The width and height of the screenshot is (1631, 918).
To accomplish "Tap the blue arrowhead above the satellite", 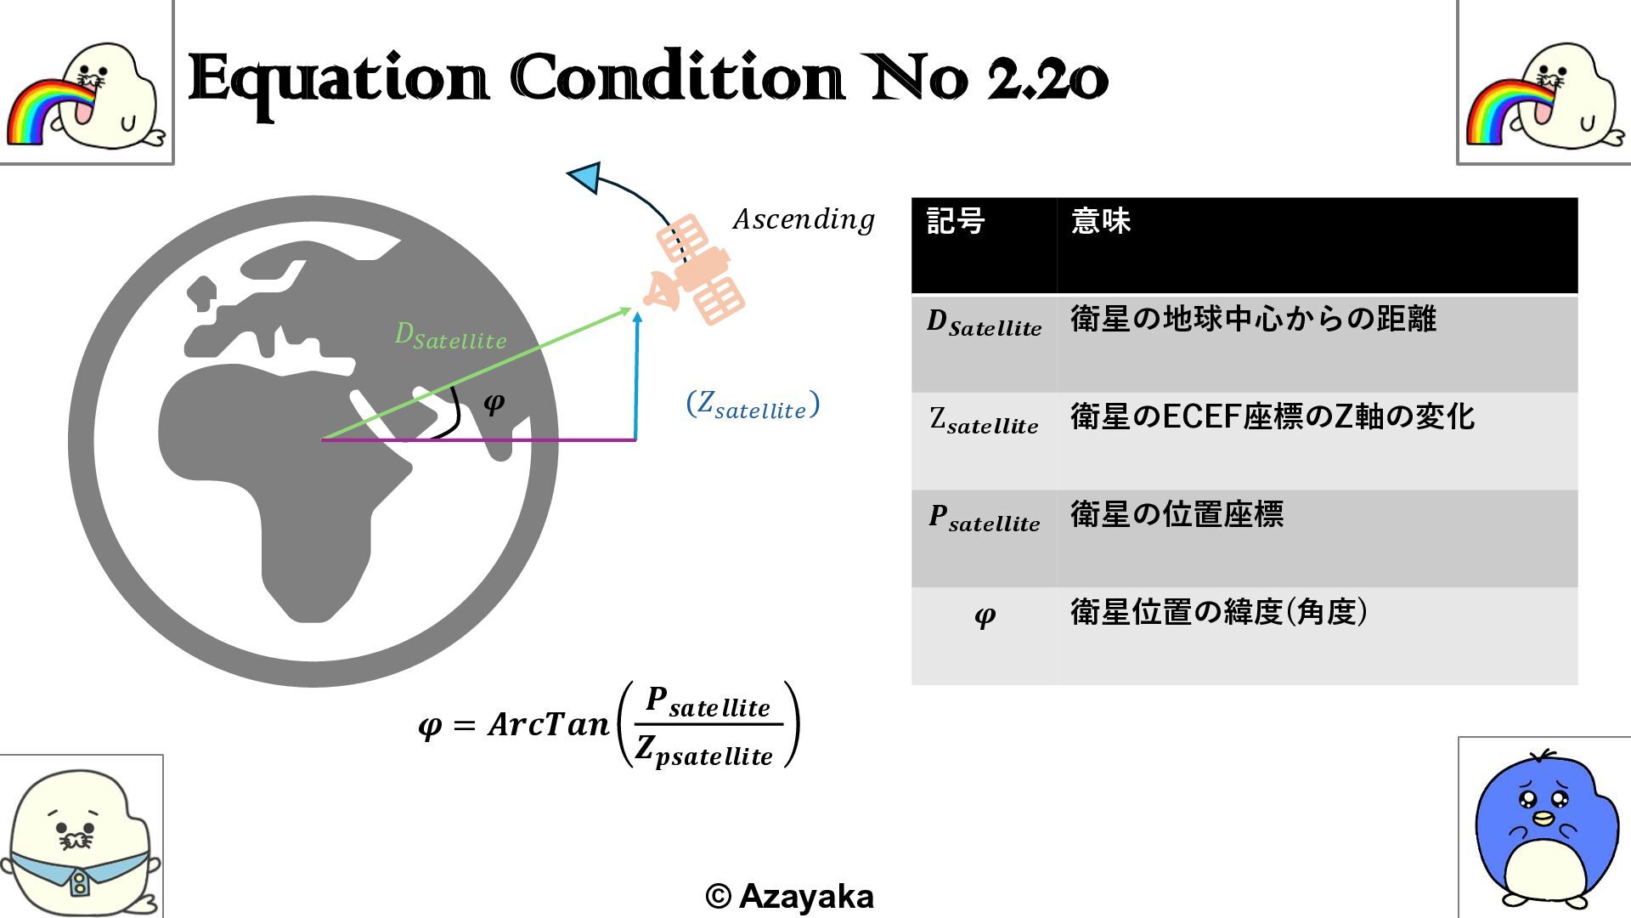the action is click(585, 177).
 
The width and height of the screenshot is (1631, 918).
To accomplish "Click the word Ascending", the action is click(804, 220).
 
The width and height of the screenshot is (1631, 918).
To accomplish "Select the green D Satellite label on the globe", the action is click(450, 337).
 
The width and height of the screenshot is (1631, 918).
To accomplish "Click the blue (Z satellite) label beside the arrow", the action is click(753, 405).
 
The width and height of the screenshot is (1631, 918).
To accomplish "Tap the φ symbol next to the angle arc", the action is click(494, 402).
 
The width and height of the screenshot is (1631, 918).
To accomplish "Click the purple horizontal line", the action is click(510, 440).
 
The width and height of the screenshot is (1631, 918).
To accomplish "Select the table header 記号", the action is click(956, 222).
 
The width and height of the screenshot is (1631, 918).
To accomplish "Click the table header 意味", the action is click(1101, 222).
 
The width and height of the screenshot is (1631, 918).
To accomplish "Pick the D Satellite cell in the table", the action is click(984, 324).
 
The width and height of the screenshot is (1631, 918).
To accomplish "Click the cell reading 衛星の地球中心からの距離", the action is click(1253, 320).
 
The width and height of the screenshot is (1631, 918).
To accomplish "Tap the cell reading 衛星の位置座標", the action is click(1177, 515).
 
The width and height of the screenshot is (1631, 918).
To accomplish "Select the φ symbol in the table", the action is click(985, 615).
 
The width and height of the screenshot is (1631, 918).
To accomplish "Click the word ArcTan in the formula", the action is click(549, 725).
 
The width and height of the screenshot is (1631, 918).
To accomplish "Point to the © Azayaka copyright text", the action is click(789, 896).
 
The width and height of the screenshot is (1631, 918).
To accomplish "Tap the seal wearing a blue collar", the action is click(81, 841).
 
